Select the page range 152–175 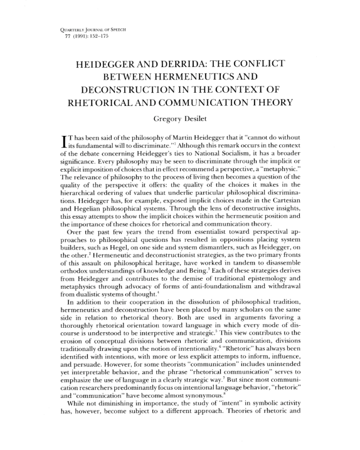(71, 33)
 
